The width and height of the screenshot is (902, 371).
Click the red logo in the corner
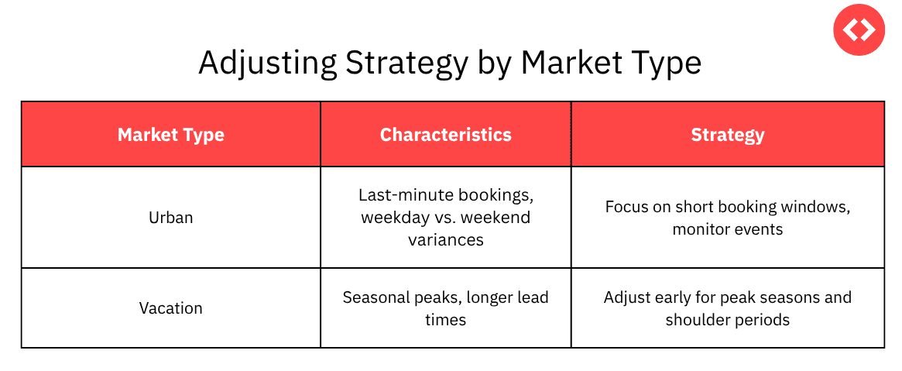tap(859, 29)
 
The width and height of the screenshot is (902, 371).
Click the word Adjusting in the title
tap(266, 64)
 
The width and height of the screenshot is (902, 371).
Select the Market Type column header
tap(171, 135)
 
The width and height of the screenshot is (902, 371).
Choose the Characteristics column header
tap(445, 135)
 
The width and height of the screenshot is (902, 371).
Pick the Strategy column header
tap(728, 135)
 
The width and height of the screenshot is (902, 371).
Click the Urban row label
tap(171, 218)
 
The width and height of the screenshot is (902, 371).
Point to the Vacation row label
tap(171, 308)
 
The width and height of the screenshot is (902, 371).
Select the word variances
tap(446, 240)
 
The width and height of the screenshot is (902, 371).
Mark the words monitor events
tap(728, 229)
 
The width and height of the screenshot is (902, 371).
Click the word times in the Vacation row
tap(446, 320)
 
